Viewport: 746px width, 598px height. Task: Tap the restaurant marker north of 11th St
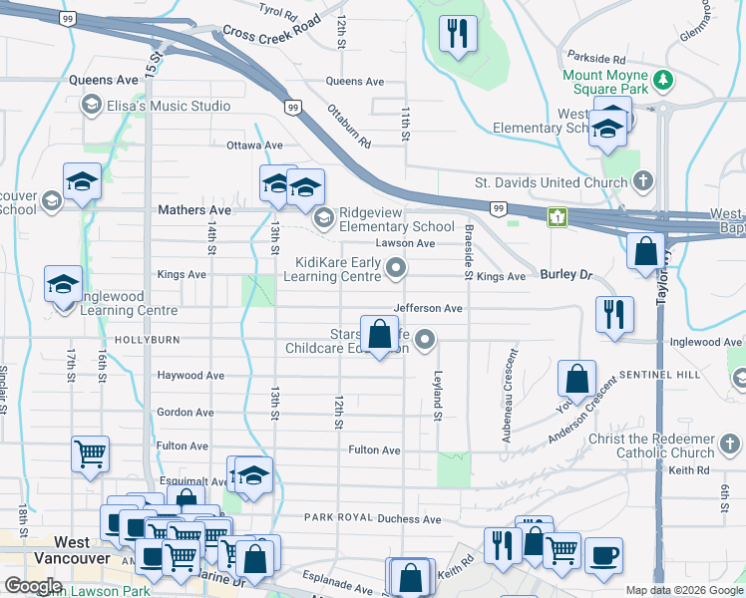tap(459, 34)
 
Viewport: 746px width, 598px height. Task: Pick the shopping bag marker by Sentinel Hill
tap(576, 380)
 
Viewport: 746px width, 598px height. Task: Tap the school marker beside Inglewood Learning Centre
tap(63, 284)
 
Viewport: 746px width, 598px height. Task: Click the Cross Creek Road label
tap(272, 28)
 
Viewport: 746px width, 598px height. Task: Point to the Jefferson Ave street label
tap(429, 309)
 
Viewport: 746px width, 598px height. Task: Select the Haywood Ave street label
tap(190, 376)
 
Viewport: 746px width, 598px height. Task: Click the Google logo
tap(33, 586)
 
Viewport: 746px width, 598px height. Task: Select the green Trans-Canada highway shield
tap(557, 216)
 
